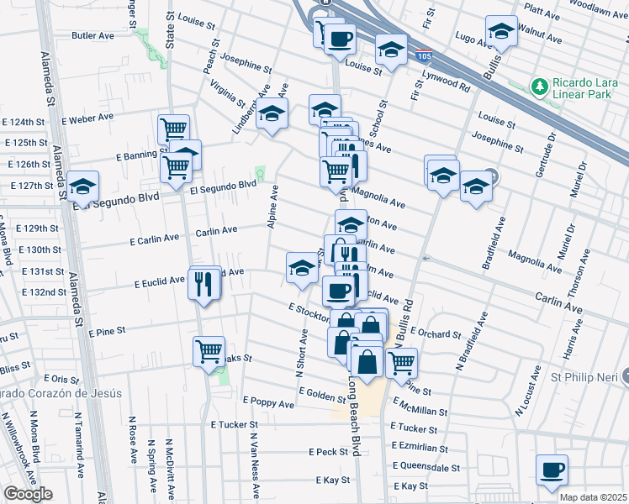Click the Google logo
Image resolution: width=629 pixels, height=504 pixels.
[x=28, y=494]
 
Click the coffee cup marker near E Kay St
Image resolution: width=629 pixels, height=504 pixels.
[x=552, y=470]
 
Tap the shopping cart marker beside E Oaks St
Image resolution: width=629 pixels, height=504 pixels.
[x=209, y=351]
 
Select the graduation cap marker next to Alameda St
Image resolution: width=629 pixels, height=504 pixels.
[x=83, y=186]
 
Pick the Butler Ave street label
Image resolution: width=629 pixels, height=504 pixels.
[x=93, y=36]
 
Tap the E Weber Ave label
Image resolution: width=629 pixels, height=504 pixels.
[x=87, y=121]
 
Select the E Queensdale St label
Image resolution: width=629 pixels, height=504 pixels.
[x=425, y=467]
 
